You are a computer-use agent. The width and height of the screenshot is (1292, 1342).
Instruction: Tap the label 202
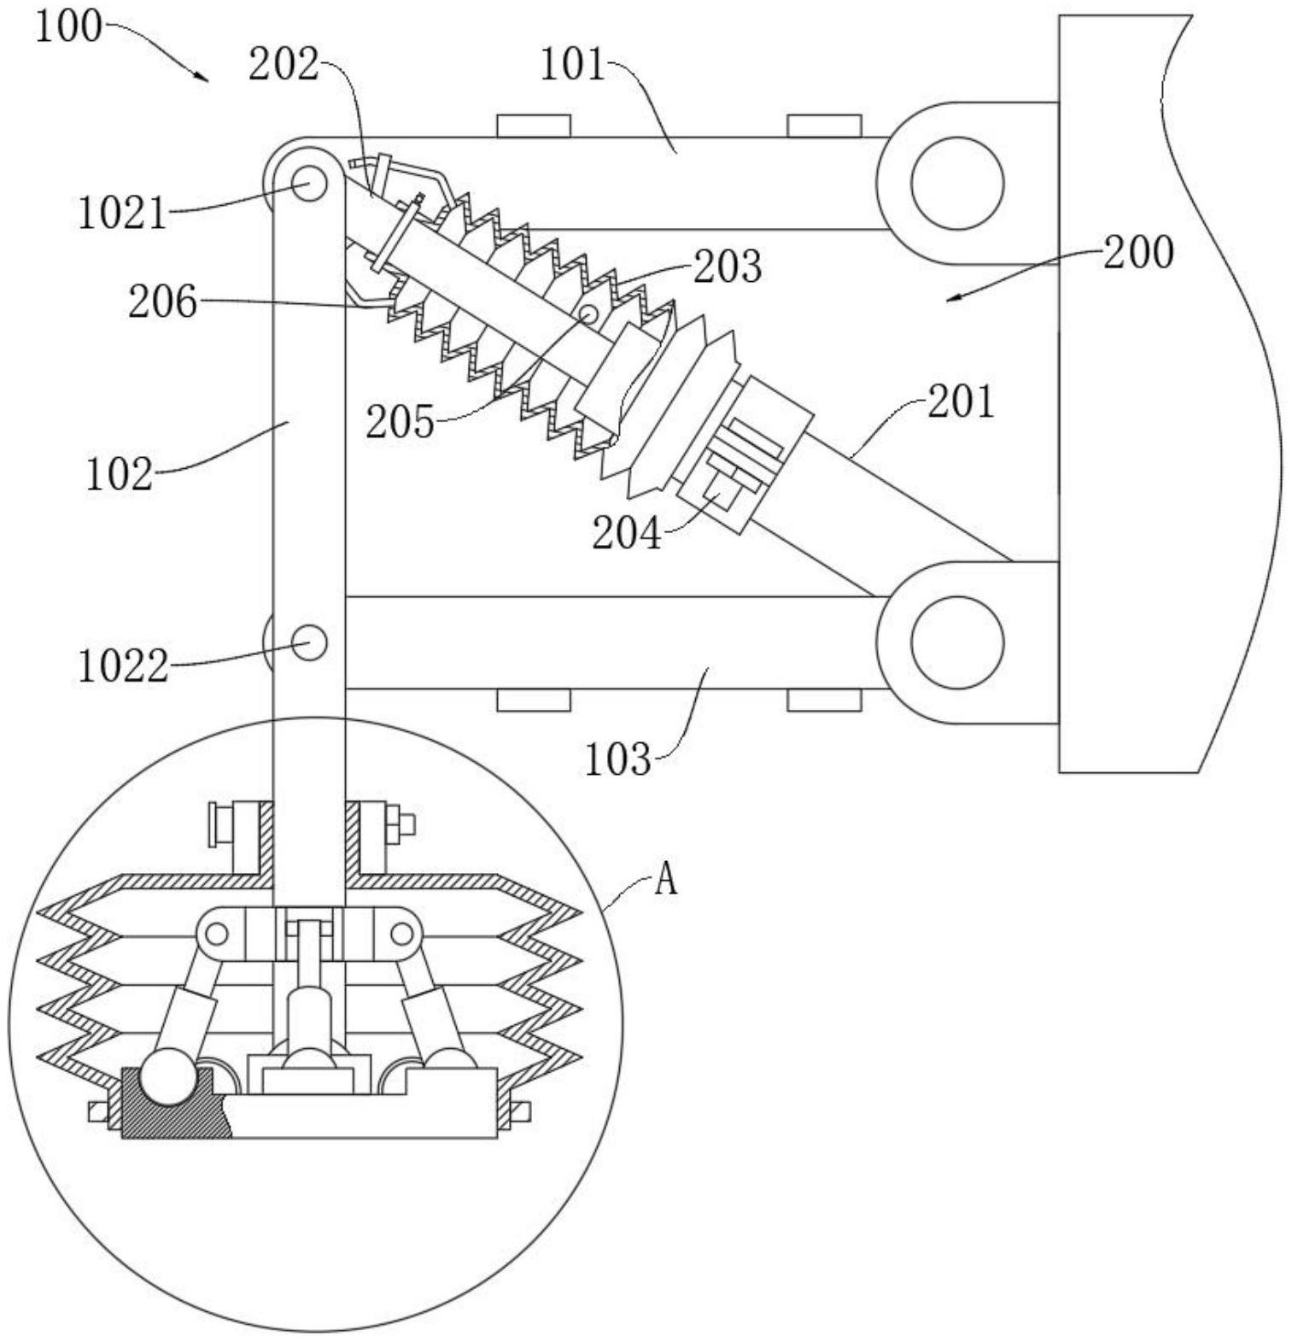[284, 64]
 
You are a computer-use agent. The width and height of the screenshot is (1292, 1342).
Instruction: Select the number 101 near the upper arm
[572, 64]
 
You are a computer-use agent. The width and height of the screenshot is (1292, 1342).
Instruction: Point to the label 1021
[122, 212]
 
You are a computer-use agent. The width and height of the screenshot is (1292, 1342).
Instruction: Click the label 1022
[123, 665]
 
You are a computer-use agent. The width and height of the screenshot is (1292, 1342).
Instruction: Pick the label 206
[162, 302]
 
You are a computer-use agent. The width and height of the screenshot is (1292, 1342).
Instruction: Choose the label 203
[727, 267]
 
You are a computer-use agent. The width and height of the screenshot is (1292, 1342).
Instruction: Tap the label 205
[400, 421]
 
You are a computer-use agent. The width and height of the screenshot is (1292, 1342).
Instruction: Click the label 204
[627, 534]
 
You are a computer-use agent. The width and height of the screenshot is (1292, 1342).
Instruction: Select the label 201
[962, 401]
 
